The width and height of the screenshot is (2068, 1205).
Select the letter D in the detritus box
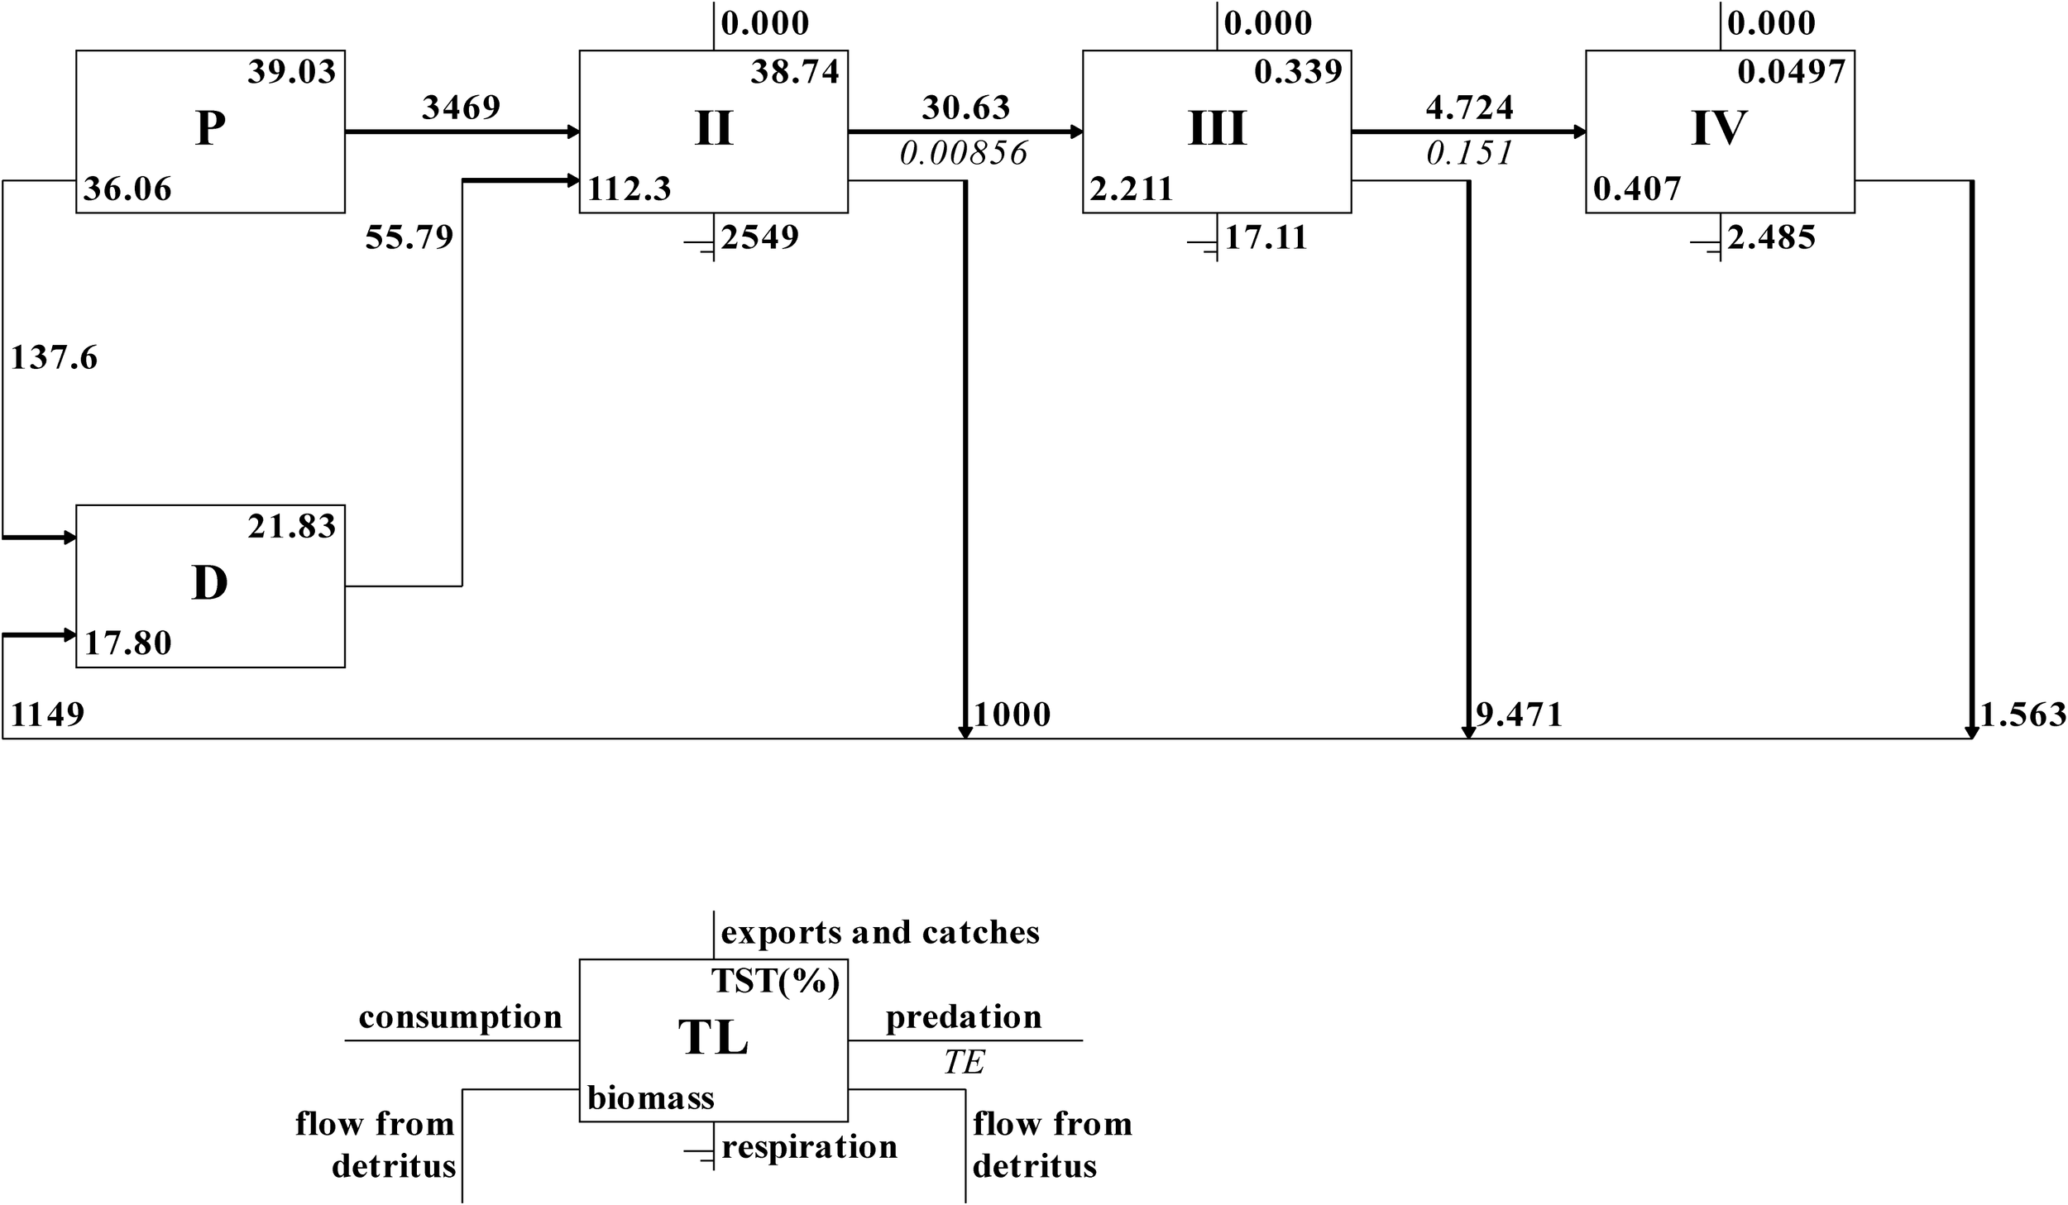tap(210, 584)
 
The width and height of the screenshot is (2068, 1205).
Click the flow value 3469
tap(461, 108)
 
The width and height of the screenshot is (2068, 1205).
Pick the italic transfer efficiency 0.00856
tap(964, 153)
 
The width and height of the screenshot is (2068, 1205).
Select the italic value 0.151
tap(1469, 153)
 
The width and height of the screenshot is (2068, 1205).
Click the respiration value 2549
tap(759, 237)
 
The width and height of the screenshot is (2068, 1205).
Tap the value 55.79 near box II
tap(409, 238)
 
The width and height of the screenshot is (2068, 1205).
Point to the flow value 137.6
tap(54, 358)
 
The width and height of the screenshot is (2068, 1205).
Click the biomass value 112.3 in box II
tap(629, 189)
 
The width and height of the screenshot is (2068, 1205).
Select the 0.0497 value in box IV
tap(1791, 72)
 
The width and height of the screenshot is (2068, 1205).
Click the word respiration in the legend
tap(809, 1147)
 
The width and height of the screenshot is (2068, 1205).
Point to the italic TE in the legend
tap(964, 1063)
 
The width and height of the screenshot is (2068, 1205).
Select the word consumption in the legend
tap(460, 1017)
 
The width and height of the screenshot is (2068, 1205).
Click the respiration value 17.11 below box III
tap(1266, 237)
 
